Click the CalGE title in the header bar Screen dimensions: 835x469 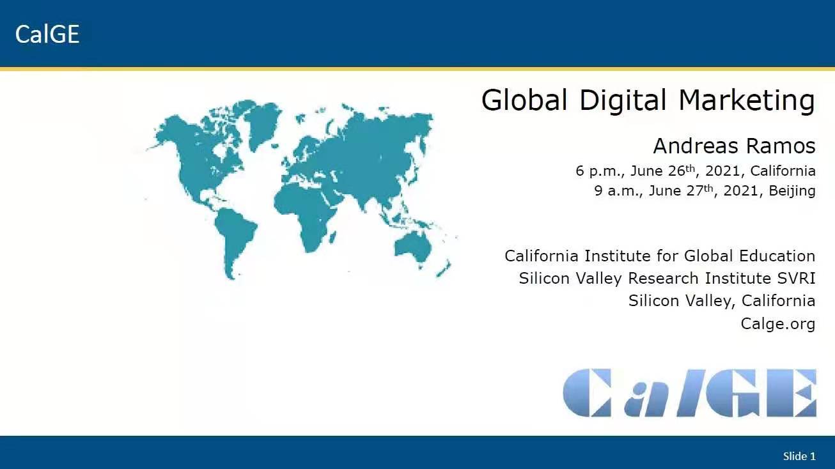click(47, 35)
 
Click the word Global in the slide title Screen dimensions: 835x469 click(524, 100)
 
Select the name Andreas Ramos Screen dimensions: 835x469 click(734, 146)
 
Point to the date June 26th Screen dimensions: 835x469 click(663, 171)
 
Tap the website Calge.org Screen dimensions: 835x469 click(778, 324)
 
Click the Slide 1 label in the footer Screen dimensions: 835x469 click(799, 456)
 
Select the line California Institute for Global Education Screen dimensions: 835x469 click(660, 256)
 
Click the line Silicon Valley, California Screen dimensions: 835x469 click(722, 301)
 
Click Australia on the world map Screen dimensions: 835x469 click(414, 246)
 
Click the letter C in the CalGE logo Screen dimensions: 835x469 click(587, 392)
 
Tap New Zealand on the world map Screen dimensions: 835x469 click(443, 268)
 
